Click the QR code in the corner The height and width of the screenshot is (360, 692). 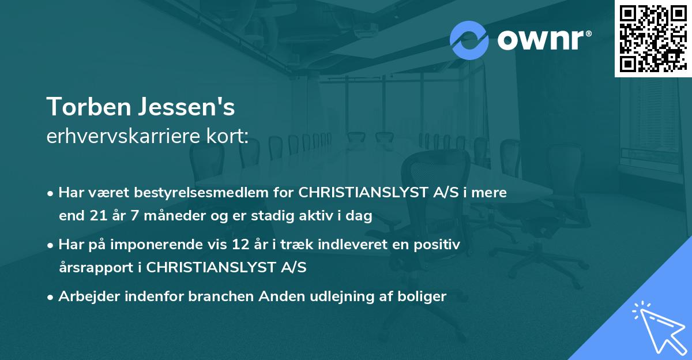[652, 38]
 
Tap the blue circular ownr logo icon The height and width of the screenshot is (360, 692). [469, 40]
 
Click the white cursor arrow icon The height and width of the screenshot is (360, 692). [657, 326]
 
